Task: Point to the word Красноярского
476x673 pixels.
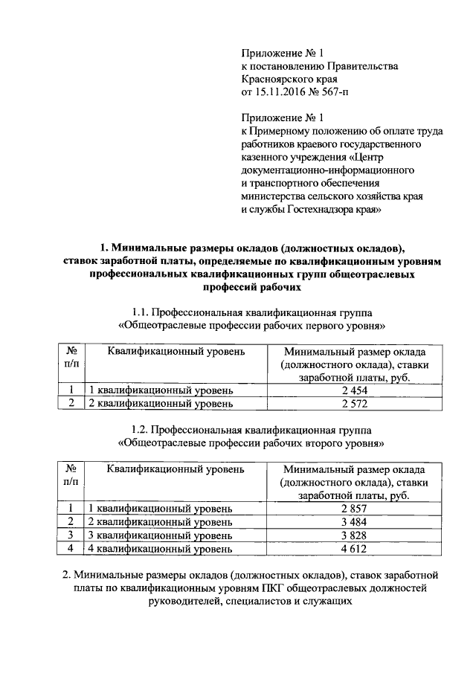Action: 274,79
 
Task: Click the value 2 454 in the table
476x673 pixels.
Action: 356,390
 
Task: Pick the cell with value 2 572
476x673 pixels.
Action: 356,404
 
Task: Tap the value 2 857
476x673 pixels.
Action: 356,509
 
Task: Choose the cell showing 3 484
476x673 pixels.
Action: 356,522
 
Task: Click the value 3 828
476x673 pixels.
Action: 356,535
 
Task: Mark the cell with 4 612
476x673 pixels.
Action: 356,550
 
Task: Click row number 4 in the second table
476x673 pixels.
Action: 70,550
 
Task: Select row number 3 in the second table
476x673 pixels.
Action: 70,535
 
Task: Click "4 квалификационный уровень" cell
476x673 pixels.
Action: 161,550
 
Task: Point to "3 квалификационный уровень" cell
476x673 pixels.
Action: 161,535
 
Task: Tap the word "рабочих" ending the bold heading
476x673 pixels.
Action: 280,287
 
